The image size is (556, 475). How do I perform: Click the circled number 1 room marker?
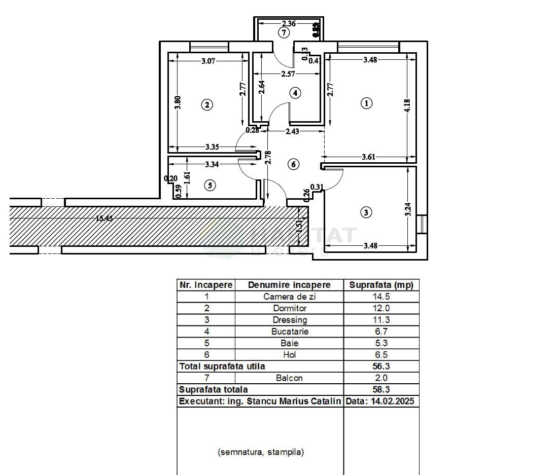pyautogui.click(x=366, y=103)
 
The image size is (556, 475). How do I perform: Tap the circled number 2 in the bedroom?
pyautogui.click(x=206, y=105)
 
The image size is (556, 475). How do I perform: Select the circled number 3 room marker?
pyautogui.click(x=366, y=212)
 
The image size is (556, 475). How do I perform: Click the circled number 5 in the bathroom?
pyautogui.click(x=210, y=186)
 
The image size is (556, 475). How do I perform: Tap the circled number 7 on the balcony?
pyautogui.click(x=284, y=33)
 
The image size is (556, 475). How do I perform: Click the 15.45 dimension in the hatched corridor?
pyautogui.click(x=104, y=218)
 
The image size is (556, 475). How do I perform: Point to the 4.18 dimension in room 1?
pyautogui.click(x=408, y=106)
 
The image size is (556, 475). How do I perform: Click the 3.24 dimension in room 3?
pyautogui.click(x=408, y=209)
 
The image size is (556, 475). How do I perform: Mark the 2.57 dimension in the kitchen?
pyautogui.click(x=288, y=74)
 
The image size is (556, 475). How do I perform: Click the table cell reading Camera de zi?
pyautogui.click(x=289, y=297)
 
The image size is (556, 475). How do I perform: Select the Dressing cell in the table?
pyautogui.click(x=289, y=320)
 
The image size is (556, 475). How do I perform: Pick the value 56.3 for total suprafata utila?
pyautogui.click(x=381, y=366)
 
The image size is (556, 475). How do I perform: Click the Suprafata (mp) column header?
pyautogui.click(x=381, y=285)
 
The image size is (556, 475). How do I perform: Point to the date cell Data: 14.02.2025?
pyautogui.click(x=381, y=401)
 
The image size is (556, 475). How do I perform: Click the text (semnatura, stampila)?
pyautogui.click(x=261, y=452)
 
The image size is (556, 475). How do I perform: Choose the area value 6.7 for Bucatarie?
pyautogui.click(x=381, y=332)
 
